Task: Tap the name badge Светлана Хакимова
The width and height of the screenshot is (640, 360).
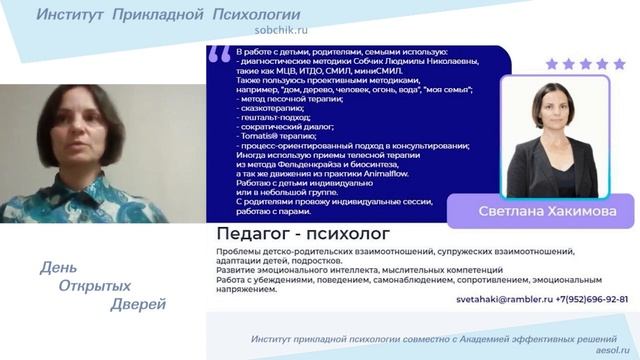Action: (541, 212)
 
